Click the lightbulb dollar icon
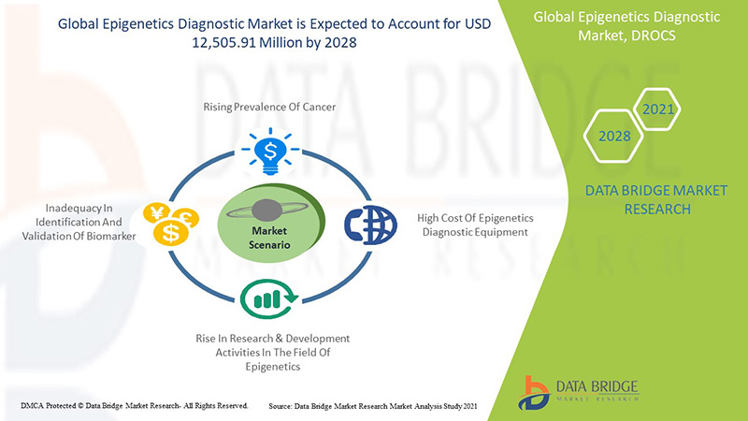tap(269, 150)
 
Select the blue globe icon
tap(365, 225)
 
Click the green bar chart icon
tap(270, 298)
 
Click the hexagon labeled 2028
tap(615, 137)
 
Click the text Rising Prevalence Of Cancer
tap(269, 108)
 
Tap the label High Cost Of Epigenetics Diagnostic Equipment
tap(473, 225)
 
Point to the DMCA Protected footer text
tap(134, 406)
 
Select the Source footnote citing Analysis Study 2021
tap(373, 406)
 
